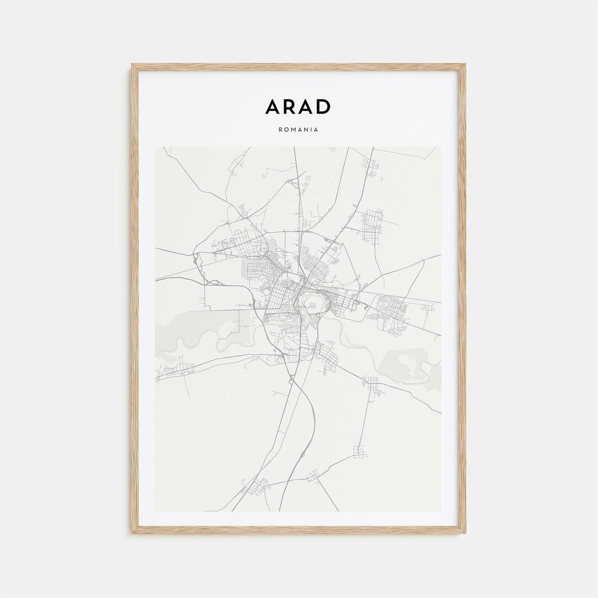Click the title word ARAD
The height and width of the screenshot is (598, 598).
(298, 107)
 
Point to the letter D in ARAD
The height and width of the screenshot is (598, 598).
(323, 107)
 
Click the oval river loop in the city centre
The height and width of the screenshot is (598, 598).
(312, 303)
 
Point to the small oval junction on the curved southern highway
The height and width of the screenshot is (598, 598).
(302, 455)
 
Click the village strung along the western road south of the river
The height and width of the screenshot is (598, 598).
(177, 369)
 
